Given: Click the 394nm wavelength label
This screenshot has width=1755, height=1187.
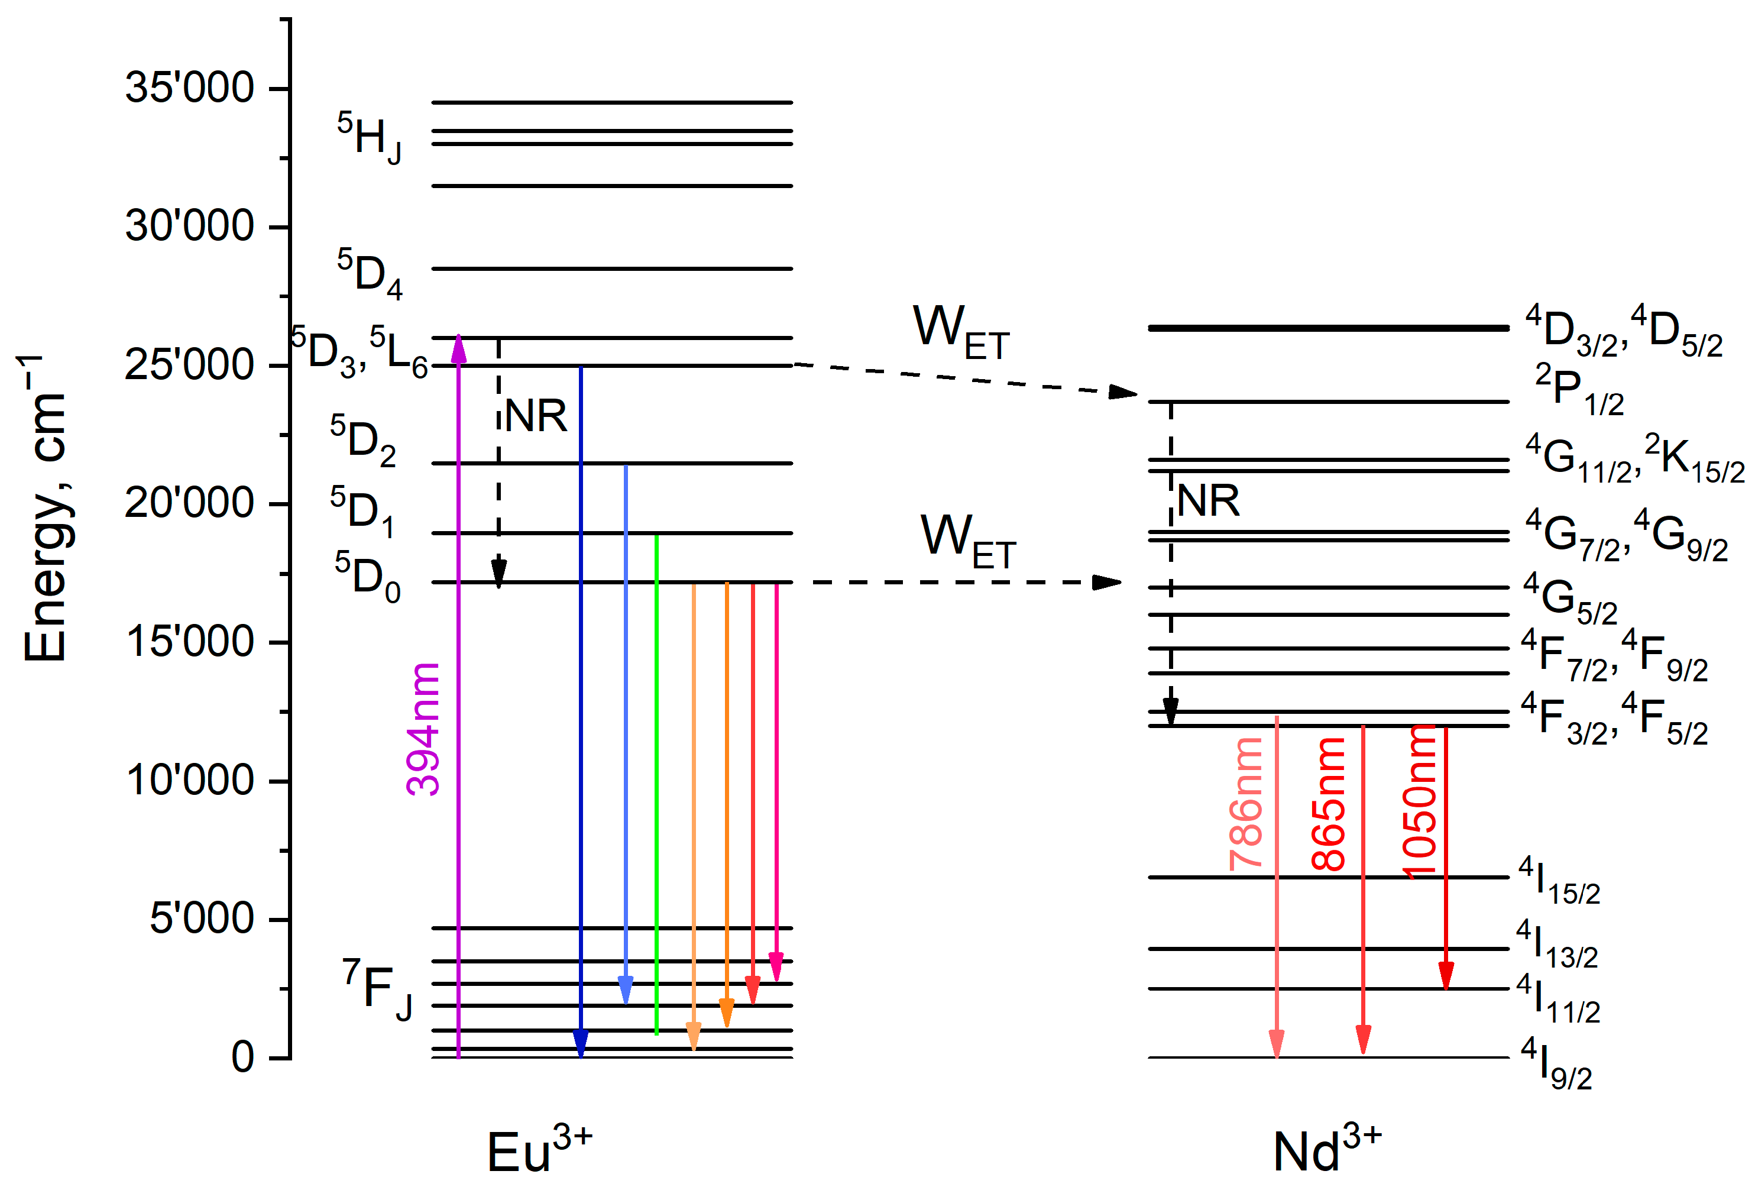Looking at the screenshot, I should pos(423,729).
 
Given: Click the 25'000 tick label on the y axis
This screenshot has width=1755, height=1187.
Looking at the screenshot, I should pos(189,366).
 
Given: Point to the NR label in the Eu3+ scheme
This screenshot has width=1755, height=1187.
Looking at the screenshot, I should pos(535,416).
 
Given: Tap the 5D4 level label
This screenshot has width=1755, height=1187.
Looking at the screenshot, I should pos(370,274).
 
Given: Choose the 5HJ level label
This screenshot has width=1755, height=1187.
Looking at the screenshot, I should pos(370,137).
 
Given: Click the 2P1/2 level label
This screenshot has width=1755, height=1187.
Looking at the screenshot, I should pos(1579,390).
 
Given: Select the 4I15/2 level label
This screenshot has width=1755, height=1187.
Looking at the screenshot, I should pos(1559,881).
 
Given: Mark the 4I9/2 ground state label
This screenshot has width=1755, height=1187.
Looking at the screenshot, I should pos(1556,1063).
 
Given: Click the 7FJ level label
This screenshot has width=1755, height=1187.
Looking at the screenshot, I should pos(378,989).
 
